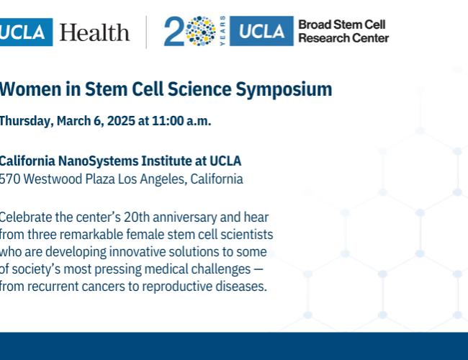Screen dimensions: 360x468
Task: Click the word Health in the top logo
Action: (95, 32)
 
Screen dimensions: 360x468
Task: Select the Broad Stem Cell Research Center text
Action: (343, 32)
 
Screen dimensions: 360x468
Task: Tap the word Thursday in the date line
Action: (24, 121)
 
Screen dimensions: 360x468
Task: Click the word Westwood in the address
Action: (54, 179)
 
